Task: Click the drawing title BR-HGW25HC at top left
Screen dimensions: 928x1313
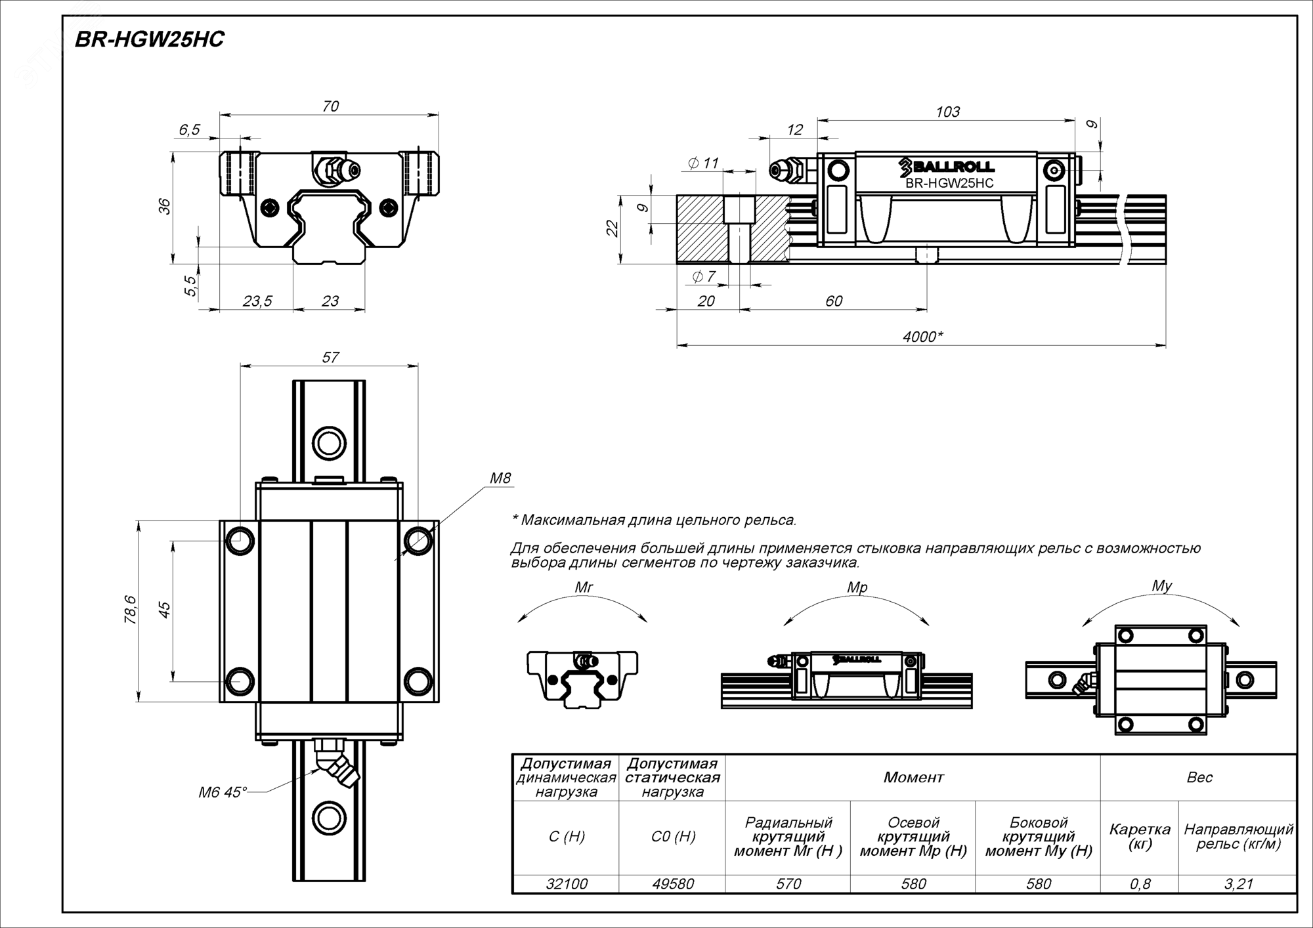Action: point(150,40)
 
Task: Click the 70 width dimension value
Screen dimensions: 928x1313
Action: point(330,106)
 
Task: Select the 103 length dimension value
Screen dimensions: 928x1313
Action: point(947,112)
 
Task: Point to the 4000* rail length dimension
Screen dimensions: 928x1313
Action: point(922,337)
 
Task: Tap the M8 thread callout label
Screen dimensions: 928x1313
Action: point(500,478)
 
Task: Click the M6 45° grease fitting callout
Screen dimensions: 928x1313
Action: point(223,793)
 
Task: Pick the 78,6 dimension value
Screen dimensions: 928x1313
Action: point(131,610)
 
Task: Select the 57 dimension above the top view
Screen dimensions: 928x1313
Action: point(330,357)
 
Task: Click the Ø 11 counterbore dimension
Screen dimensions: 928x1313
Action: point(703,163)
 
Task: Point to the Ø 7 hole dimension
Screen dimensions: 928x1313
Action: point(703,277)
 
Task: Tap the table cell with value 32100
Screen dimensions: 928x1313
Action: point(567,884)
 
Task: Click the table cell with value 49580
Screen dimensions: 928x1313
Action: point(673,884)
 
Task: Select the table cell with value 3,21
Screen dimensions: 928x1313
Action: point(1238,884)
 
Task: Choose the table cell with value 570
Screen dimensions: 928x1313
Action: point(788,884)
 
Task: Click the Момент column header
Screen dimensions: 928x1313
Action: point(913,778)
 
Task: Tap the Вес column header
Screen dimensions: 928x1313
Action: point(1199,778)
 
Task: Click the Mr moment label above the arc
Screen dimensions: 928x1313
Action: point(584,587)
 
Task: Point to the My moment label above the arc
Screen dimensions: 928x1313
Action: point(1162,585)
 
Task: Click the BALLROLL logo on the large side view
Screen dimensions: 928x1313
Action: point(947,167)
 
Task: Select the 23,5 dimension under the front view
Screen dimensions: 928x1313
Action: point(257,301)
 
